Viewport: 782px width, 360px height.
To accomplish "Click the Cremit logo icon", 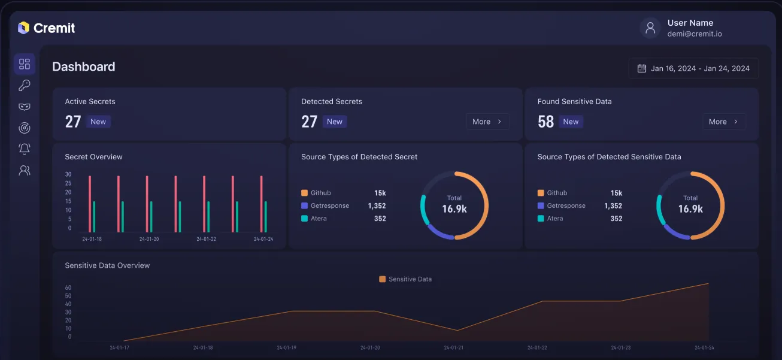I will click(x=23, y=28).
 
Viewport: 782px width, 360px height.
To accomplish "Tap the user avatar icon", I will click(x=650, y=28).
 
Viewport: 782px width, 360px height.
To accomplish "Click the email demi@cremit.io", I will click(x=695, y=34).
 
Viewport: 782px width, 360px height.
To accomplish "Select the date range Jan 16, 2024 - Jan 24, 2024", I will click(x=693, y=68).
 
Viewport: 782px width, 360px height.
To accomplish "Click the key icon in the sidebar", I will click(x=25, y=86).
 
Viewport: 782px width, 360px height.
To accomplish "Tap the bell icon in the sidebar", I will click(x=25, y=149).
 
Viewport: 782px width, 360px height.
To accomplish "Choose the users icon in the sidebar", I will click(x=25, y=170).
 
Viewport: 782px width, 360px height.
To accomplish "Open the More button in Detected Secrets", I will click(x=487, y=122).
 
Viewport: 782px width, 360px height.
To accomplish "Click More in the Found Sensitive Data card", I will click(x=724, y=122).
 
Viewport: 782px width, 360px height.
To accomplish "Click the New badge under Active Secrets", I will click(x=98, y=122).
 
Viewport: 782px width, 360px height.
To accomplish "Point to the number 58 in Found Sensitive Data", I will click(x=545, y=122).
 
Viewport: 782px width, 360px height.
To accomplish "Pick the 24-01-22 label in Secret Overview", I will click(x=206, y=239).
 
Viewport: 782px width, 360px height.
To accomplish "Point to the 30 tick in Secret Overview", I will click(x=68, y=174).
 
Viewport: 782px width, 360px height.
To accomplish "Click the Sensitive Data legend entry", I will click(x=405, y=279).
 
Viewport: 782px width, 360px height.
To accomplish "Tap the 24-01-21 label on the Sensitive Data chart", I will click(x=453, y=347).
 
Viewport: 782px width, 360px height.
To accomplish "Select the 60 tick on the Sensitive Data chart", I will click(x=68, y=288).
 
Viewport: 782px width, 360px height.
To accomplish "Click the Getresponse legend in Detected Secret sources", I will click(x=329, y=205).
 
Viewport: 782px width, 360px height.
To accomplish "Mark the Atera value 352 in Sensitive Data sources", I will click(x=616, y=219).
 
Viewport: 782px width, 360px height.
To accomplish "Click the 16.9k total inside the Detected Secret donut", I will click(x=454, y=209).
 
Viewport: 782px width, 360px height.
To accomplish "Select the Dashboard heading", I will click(x=84, y=66).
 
